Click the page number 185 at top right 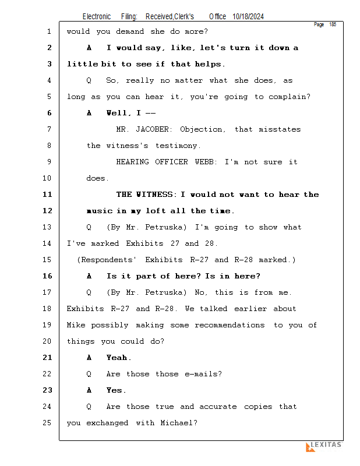click(333, 24)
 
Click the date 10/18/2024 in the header click(248, 17)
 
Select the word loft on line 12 click(159, 211)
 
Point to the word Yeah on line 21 click(118, 358)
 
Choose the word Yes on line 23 click(115, 390)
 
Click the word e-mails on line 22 click(203, 374)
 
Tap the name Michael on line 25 click(178, 423)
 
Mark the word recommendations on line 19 click(230, 325)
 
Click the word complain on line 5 click(288, 97)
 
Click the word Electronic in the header click(97, 17)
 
